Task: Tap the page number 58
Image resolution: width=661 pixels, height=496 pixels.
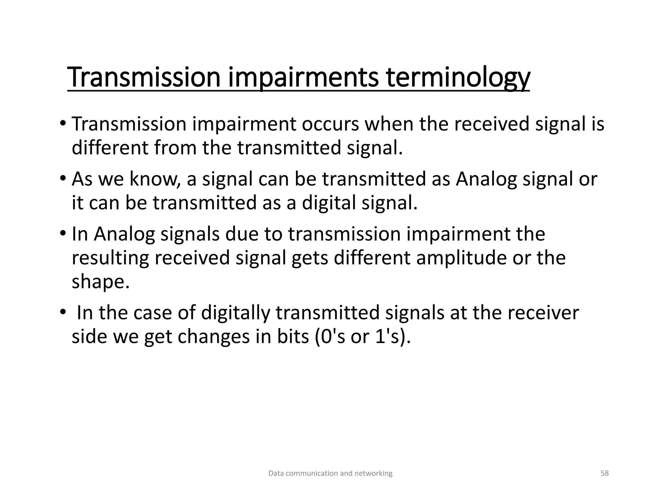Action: click(x=605, y=473)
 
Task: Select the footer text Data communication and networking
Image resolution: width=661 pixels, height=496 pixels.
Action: click(x=330, y=473)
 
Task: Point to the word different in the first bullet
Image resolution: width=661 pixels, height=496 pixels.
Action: click(x=110, y=148)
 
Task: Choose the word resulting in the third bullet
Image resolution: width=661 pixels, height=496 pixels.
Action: click(x=110, y=258)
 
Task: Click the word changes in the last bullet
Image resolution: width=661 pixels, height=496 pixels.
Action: click(x=213, y=336)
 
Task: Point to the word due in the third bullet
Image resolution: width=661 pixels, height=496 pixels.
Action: click(x=242, y=234)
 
